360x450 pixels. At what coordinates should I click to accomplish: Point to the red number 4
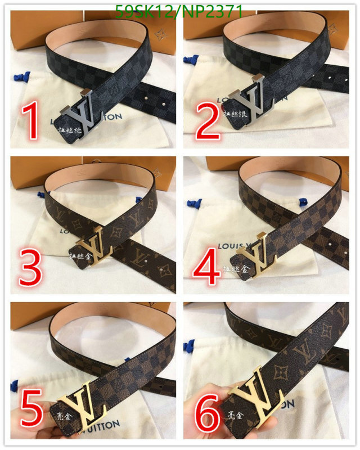point(206,269)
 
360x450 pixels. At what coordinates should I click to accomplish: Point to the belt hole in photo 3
point(163,272)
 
